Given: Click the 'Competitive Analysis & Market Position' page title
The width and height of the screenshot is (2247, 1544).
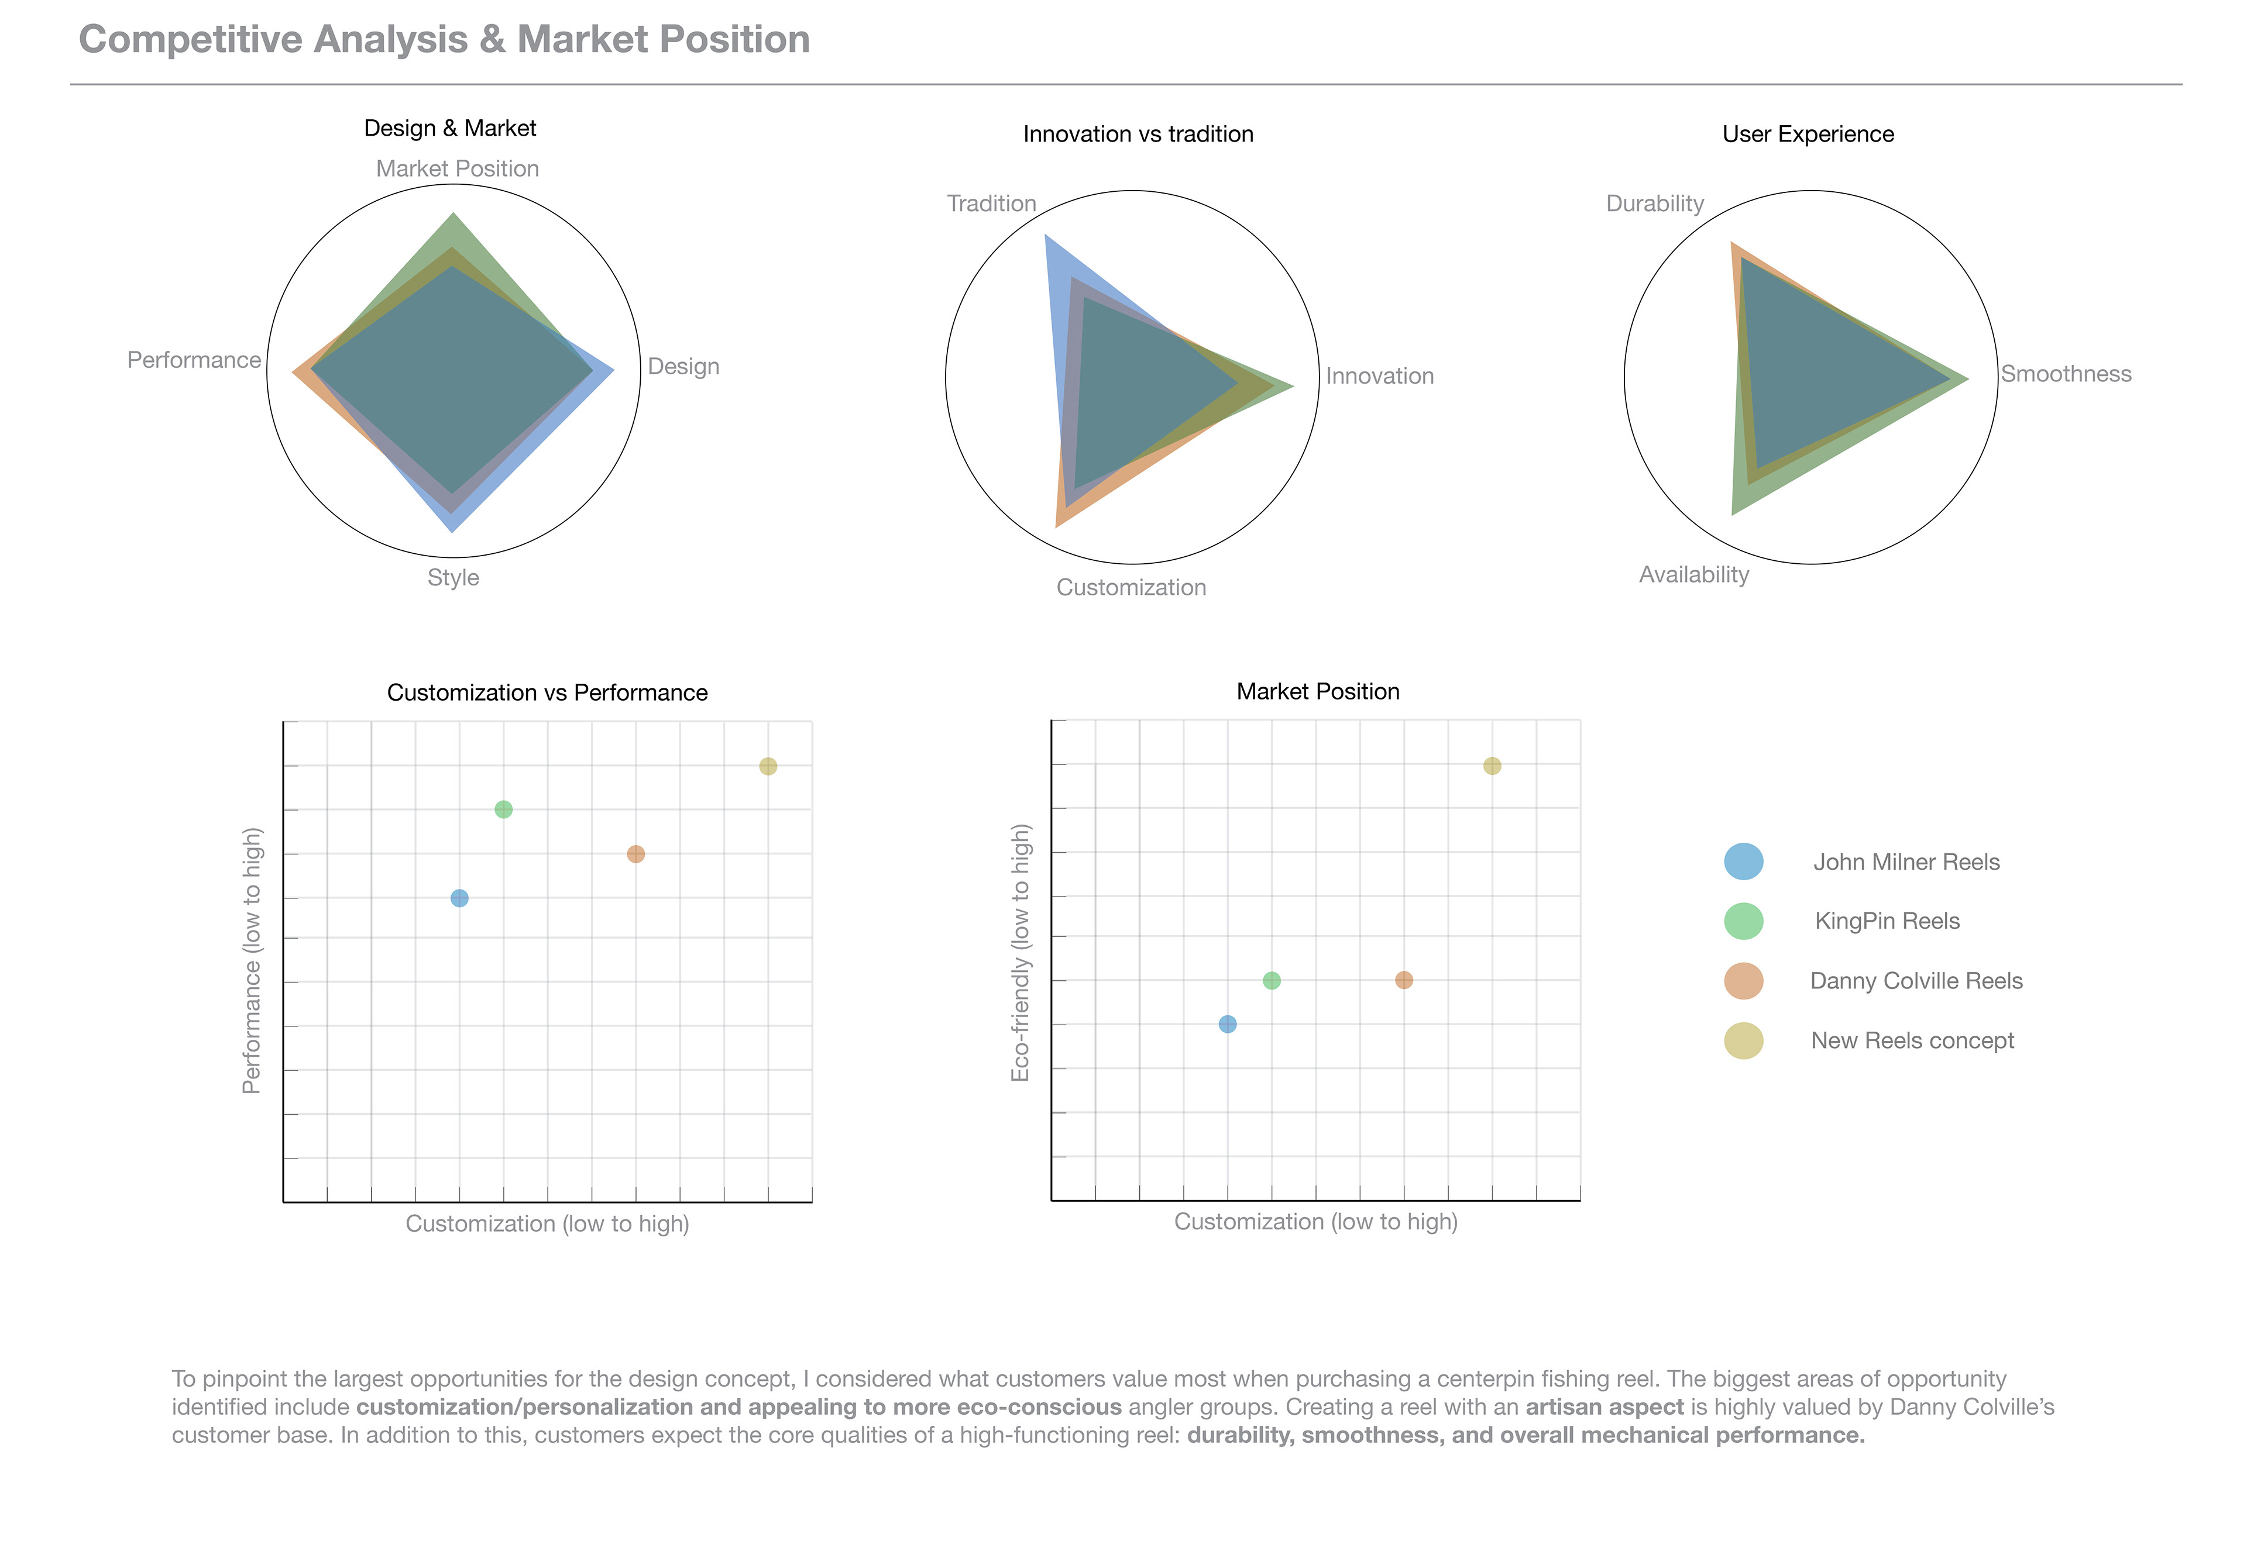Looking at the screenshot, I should (444, 40).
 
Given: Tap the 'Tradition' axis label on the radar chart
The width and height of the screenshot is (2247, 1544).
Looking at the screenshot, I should (991, 203).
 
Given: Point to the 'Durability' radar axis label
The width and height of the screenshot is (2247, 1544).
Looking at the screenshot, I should (1655, 203).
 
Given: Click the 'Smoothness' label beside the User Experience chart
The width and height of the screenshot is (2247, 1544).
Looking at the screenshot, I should (2066, 374).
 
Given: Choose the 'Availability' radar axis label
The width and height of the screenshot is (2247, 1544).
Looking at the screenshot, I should (1693, 575).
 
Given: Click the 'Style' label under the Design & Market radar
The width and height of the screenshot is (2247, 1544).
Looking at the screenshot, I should (453, 578).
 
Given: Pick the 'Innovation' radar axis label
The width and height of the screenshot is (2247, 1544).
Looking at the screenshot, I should (1379, 376).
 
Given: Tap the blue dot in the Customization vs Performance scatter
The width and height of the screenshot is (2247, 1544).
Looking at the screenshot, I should (460, 898).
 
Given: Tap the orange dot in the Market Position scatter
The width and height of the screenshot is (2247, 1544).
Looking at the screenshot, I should (1404, 980).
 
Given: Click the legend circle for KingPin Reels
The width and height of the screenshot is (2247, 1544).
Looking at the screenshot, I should (1743, 921).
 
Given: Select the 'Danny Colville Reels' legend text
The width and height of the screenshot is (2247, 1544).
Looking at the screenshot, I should (1916, 981).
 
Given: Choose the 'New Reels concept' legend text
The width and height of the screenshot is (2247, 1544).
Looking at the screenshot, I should (1912, 1041).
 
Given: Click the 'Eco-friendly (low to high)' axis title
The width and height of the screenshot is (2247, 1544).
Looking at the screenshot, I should (1021, 953).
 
